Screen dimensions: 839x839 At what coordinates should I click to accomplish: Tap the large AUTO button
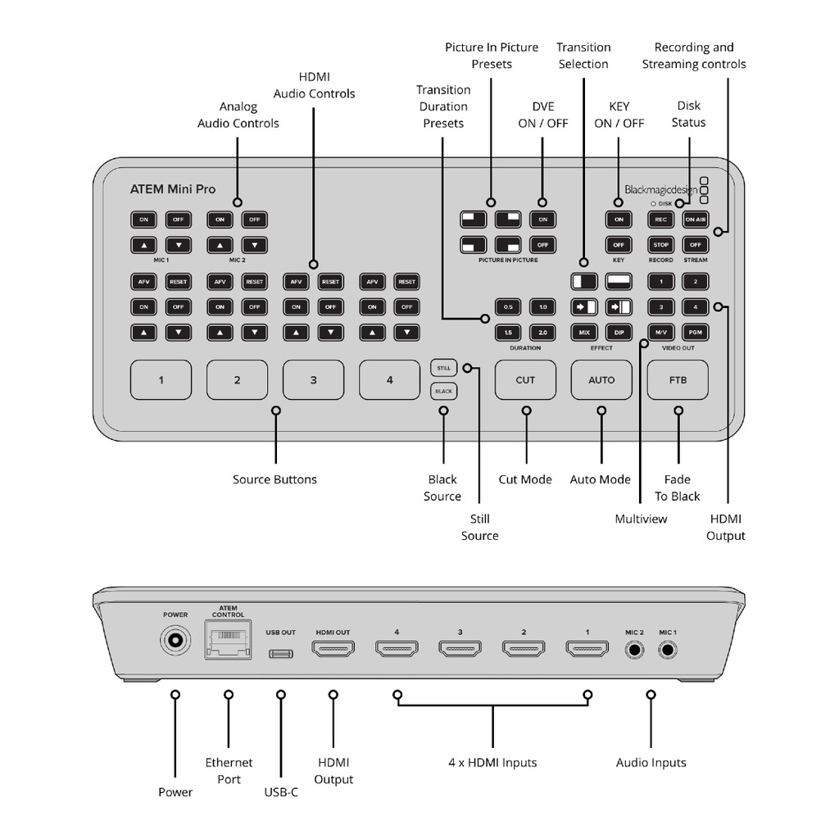pyautogui.click(x=601, y=380)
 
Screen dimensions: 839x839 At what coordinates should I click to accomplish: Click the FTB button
pyautogui.click(x=678, y=380)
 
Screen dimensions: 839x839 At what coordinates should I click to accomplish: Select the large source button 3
pyautogui.click(x=313, y=380)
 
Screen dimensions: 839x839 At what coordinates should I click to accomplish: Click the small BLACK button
pyautogui.click(x=443, y=392)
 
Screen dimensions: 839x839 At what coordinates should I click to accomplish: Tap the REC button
pyautogui.click(x=660, y=220)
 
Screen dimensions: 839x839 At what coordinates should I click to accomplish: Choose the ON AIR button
pyautogui.click(x=695, y=220)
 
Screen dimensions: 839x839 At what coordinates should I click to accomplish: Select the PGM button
pyautogui.click(x=695, y=332)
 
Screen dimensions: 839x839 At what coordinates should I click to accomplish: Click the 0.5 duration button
pyautogui.click(x=508, y=307)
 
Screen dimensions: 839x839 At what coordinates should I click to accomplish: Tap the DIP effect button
pyautogui.click(x=619, y=332)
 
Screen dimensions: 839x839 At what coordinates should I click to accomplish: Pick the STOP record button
pyautogui.click(x=660, y=244)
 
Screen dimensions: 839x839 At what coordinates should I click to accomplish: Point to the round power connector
pyautogui.click(x=175, y=641)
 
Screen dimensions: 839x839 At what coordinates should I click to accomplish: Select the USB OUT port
pyautogui.click(x=281, y=653)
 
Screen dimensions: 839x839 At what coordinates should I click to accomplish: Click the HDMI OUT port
pyautogui.click(x=333, y=651)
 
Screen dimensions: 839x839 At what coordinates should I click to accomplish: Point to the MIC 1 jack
pyautogui.click(x=668, y=651)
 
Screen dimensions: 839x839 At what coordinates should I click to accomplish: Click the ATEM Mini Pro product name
pyautogui.click(x=173, y=189)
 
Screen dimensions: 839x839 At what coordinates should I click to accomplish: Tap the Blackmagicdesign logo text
pyautogui.click(x=660, y=190)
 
